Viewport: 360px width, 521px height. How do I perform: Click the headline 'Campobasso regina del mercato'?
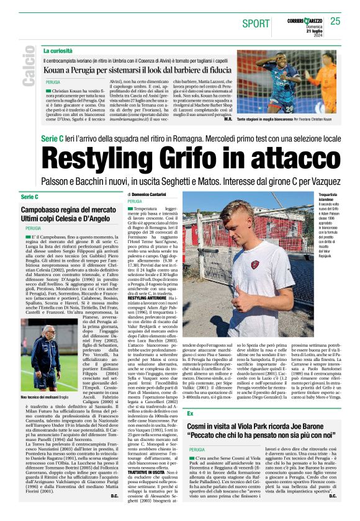[x=69, y=211]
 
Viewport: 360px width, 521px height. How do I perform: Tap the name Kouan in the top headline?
[x=53, y=72]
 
